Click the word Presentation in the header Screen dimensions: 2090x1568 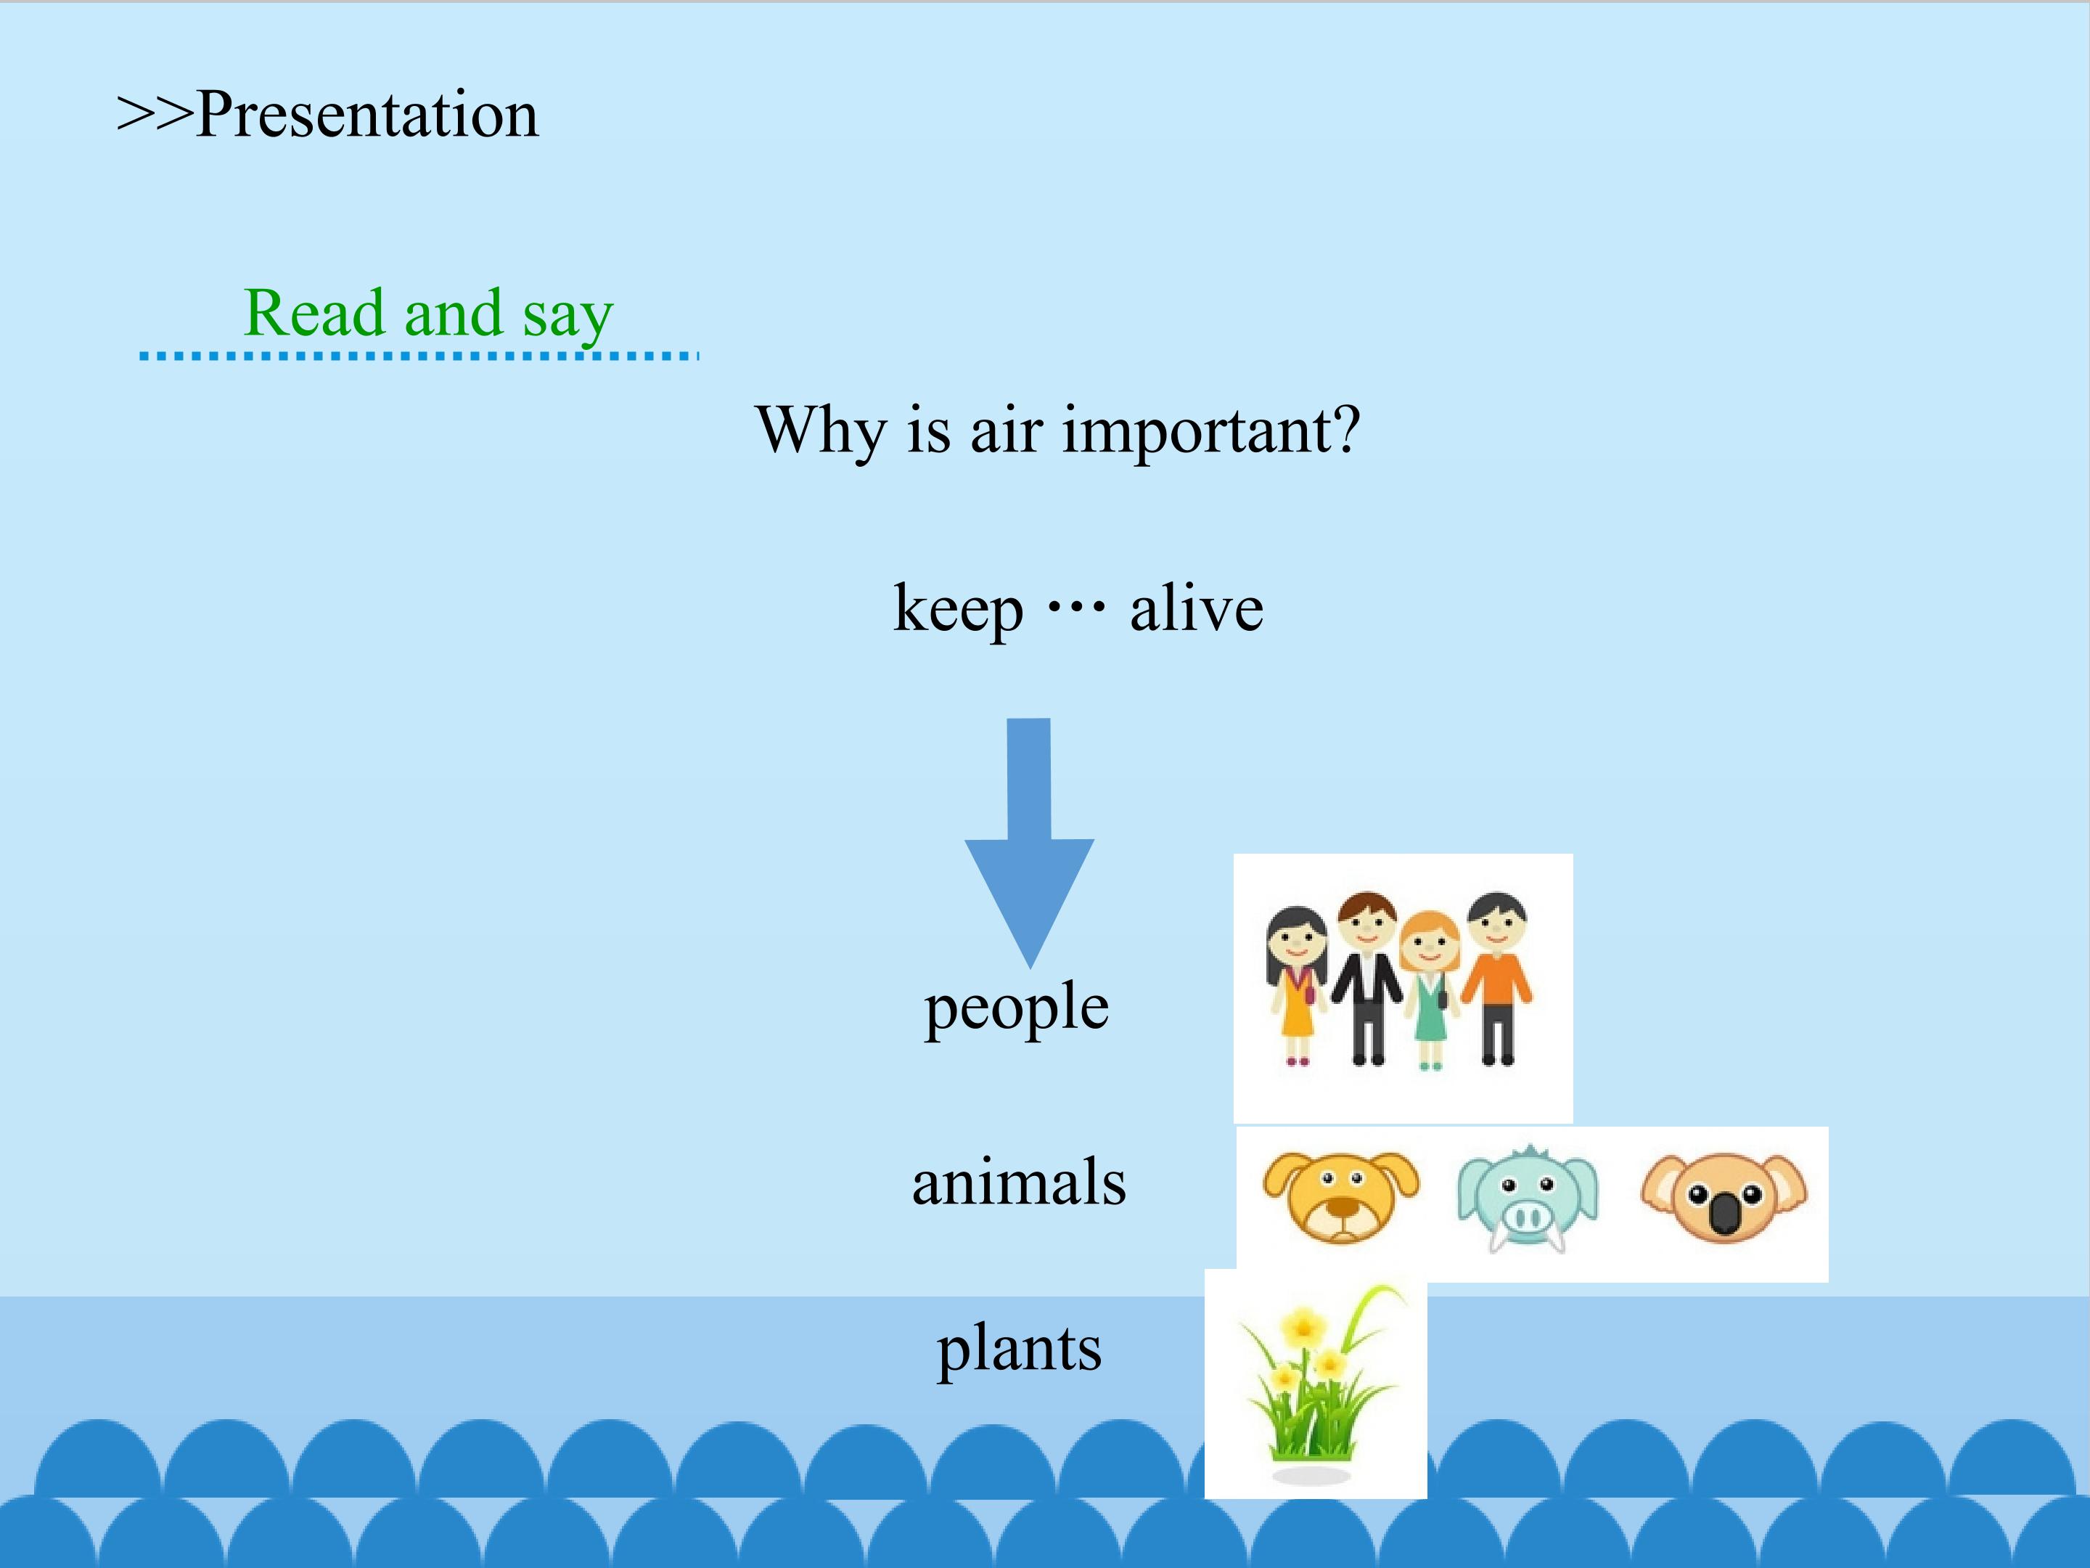coord(367,115)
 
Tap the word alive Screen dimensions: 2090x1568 coord(1196,608)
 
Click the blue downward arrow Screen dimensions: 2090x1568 coord(1029,843)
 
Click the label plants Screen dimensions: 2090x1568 coord(1020,1349)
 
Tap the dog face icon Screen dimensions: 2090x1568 coord(1341,1196)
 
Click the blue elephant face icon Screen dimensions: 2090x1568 coord(1527,1199)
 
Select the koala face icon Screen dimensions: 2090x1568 coord(1724,1196)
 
